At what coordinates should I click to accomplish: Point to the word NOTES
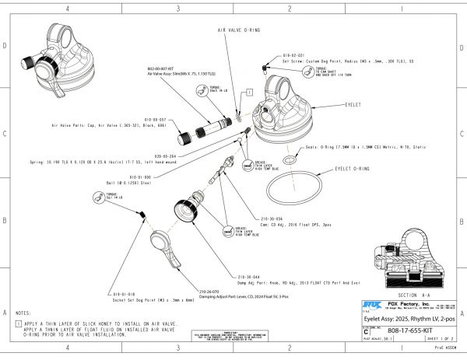(23, 313)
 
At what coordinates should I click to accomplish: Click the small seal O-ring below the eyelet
(289, 159)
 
